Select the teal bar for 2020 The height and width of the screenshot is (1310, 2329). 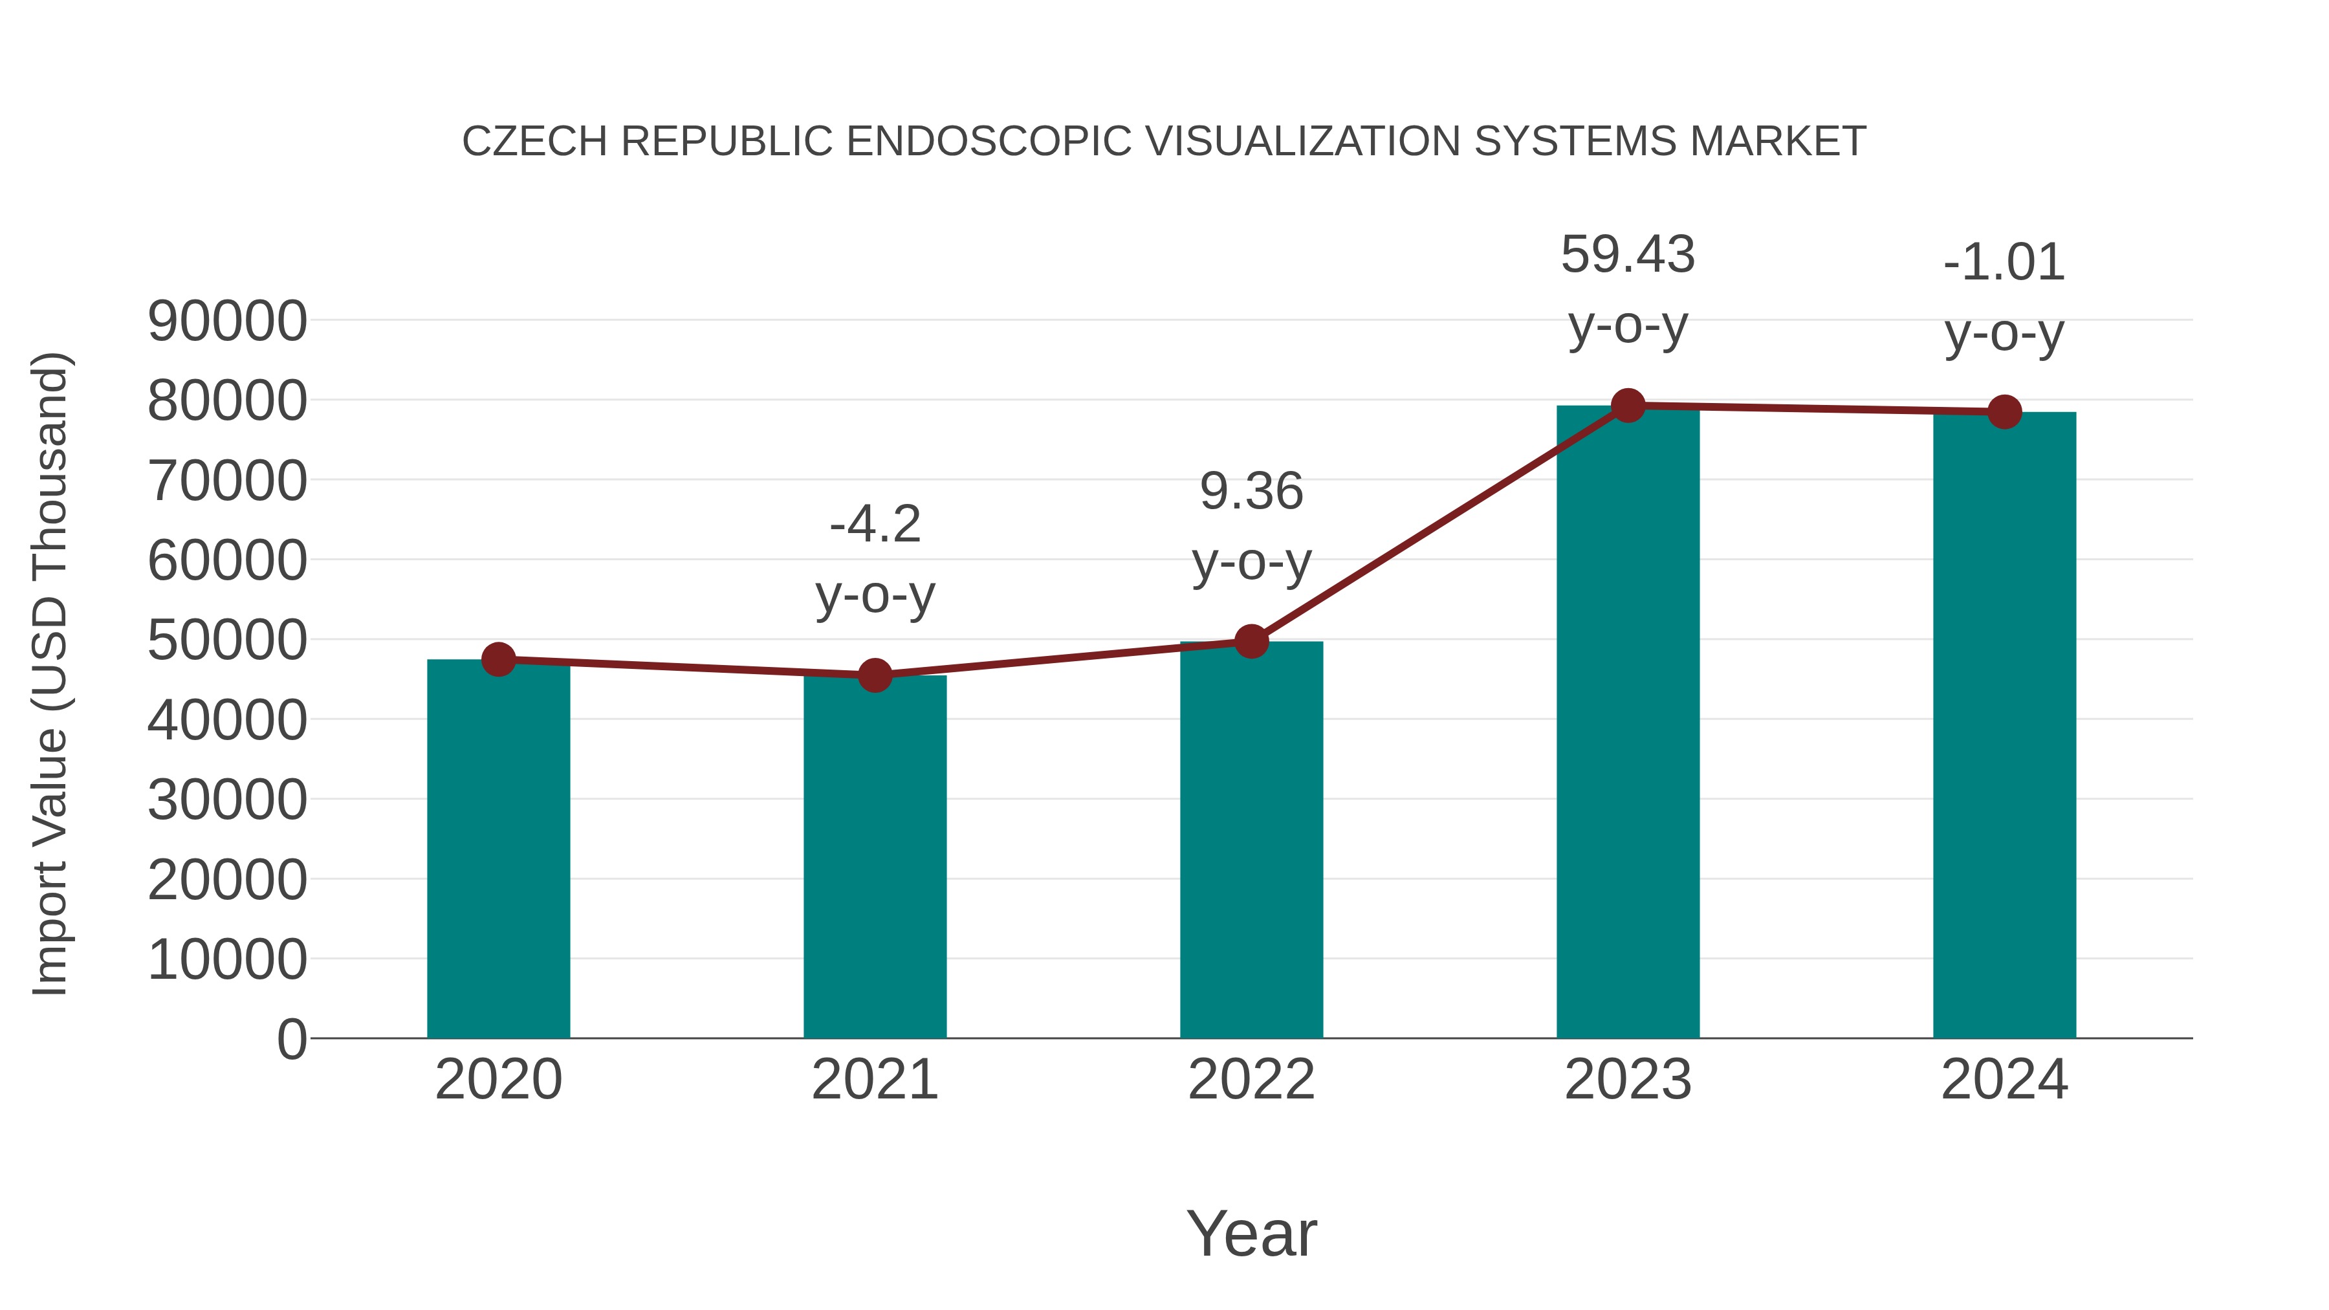pyautogui.click(x=498, y=850)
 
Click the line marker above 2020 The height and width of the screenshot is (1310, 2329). pyautogui.click(x=498, y=659)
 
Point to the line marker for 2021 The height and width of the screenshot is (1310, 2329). pyautogui.click(x=874, y=675)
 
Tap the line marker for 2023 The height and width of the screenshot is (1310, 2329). pyautogui.click(x=1628, y=406)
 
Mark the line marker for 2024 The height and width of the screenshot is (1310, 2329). pyautogui.click(x=2004, y=412)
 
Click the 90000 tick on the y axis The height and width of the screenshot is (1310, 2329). pyautogui.click(x=227, y=321)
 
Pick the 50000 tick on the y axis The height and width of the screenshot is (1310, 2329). pyautogui.click(x=227, y=640)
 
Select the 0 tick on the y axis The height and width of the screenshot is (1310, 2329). pyautogui.click(x=291, y=1039)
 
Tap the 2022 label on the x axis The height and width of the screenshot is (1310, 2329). pyautogui.click(x=1251, y=1080)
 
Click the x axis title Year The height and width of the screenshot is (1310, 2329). pyautogui.click(x=1251, y=1233)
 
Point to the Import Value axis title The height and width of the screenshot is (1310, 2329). pyautogui.click(x=50, y=673)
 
